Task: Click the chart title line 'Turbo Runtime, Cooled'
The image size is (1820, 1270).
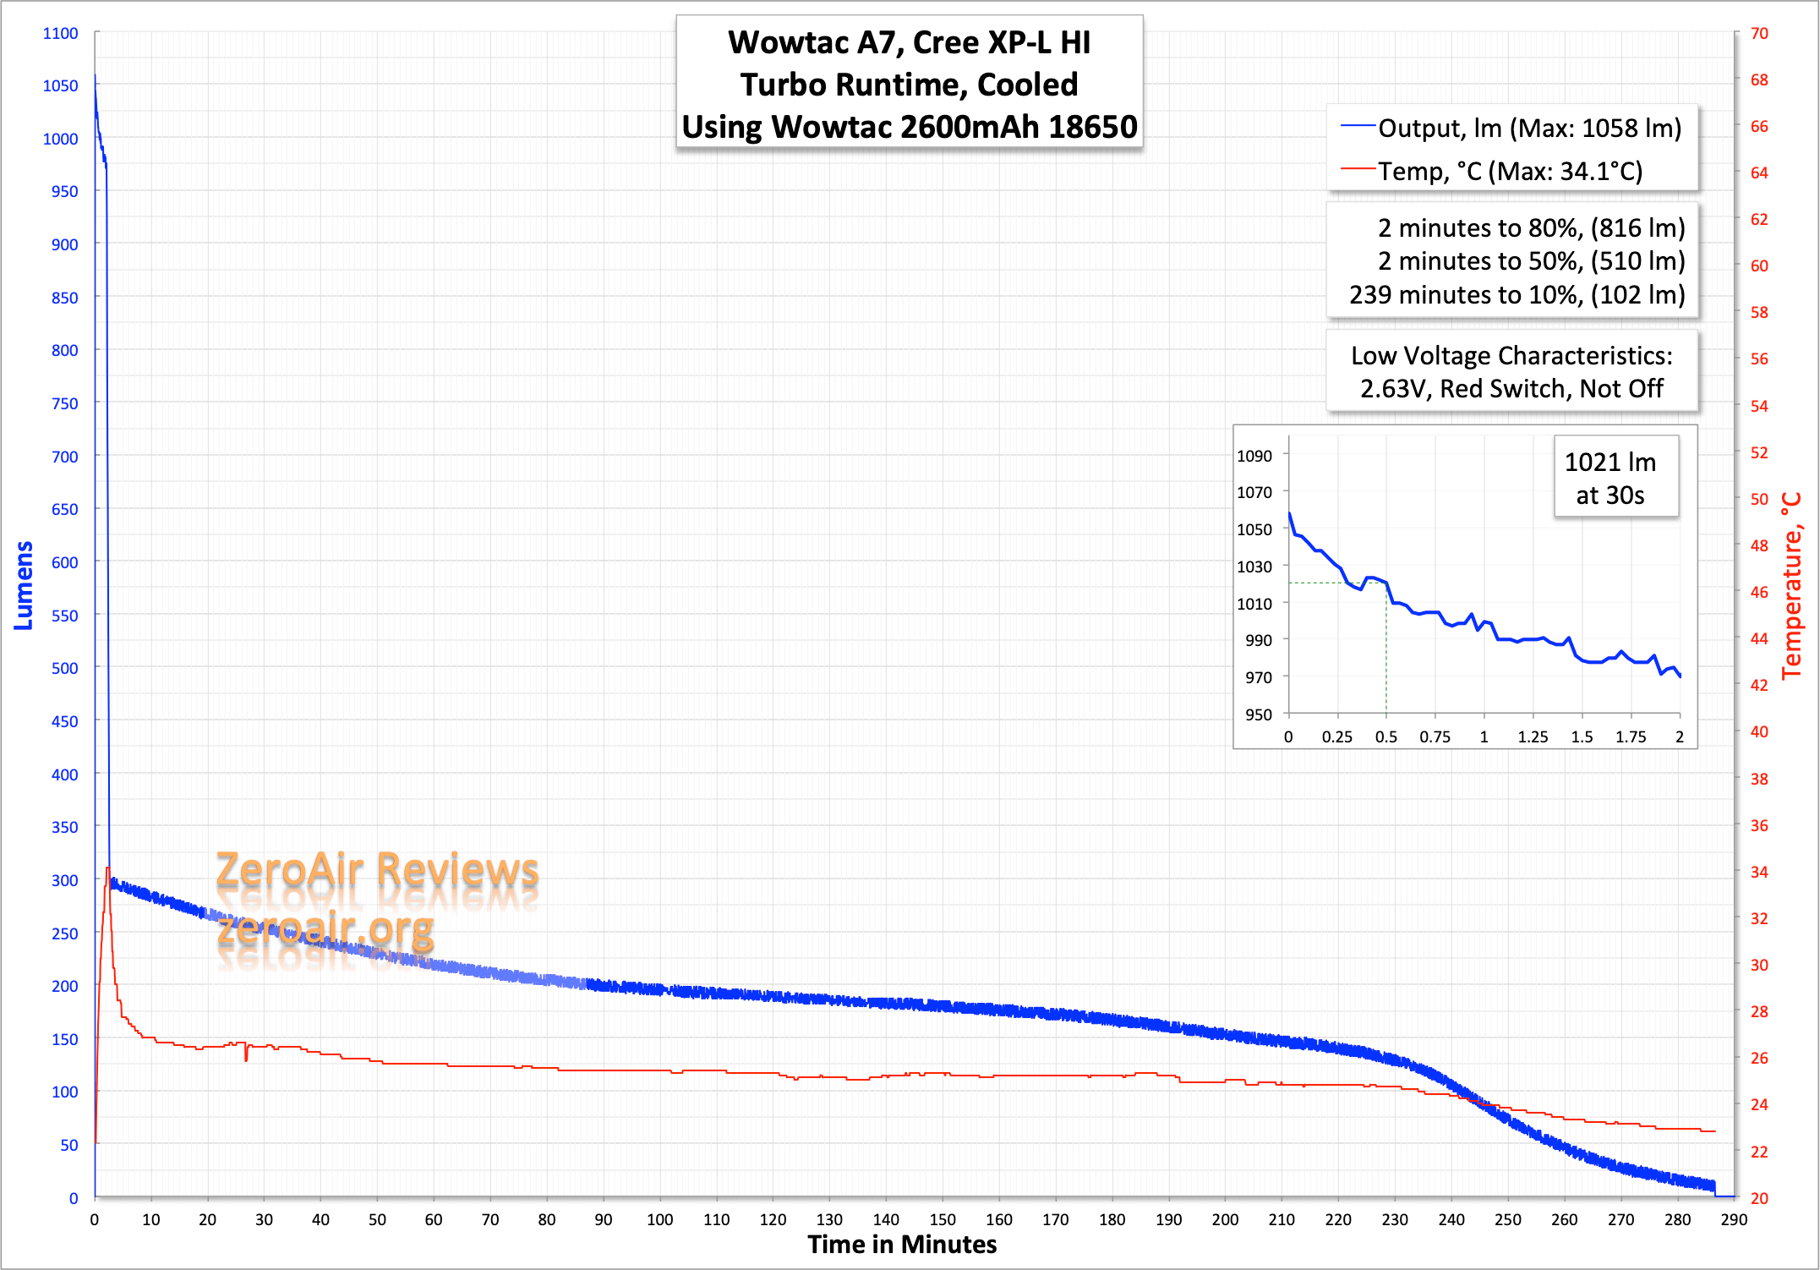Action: pos(909,85)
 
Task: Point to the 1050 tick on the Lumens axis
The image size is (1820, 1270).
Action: pos(60,85)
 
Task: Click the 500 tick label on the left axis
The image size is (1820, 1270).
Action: pos(64,668)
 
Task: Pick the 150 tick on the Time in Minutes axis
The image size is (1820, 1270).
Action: pos(943,1219)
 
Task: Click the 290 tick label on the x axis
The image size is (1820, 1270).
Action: pos(1734,1219)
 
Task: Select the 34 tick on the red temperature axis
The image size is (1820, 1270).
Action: pos(1759,872)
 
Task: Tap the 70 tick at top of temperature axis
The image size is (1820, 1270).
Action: pos(1759,33)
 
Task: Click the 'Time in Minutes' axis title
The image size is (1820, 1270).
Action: pos(902,1245)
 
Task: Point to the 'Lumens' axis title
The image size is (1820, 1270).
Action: pos(24,585)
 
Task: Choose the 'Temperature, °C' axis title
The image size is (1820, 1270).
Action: pos(1792,585)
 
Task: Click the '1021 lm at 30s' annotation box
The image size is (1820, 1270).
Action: pos(1615,478)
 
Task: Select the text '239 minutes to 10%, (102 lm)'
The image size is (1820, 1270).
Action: pos(1517,295)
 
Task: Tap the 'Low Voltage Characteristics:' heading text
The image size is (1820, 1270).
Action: pos(1511,356)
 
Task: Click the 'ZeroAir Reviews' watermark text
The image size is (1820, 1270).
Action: pos(377,870)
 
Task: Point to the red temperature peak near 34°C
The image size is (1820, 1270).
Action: pos(107,869)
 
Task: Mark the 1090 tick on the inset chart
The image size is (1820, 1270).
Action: pos(1254,456)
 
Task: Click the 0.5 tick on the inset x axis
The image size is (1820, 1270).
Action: pos(1385,736)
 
